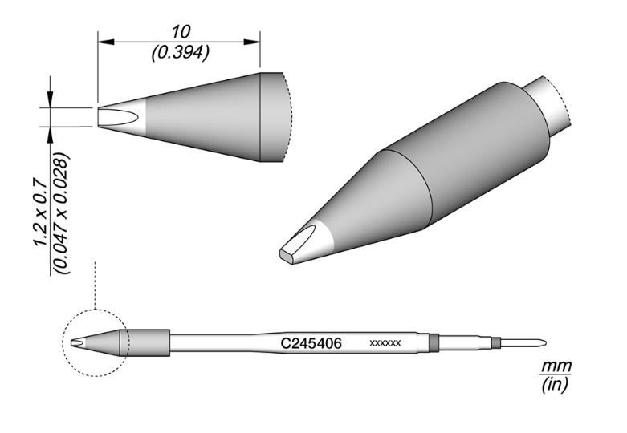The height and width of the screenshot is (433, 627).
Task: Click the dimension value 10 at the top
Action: tap(181, 31)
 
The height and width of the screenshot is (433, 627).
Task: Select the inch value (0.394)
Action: tap(181, 53)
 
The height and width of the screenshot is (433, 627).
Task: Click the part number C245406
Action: tap(311, 343)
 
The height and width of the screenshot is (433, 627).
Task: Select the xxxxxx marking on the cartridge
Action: tap(385, 344)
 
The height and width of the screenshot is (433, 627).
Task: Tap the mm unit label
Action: tap(555, 366)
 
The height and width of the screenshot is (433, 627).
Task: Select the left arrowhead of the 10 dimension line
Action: tap(103, 41)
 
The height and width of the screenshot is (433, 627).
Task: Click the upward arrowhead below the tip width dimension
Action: tap(51, 132)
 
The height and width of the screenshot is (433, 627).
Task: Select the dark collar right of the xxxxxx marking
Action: tap(434, 343)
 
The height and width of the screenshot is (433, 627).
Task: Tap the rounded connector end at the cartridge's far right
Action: tap(534, 343)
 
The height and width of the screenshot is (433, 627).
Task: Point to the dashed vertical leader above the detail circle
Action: tap(95, 285)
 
